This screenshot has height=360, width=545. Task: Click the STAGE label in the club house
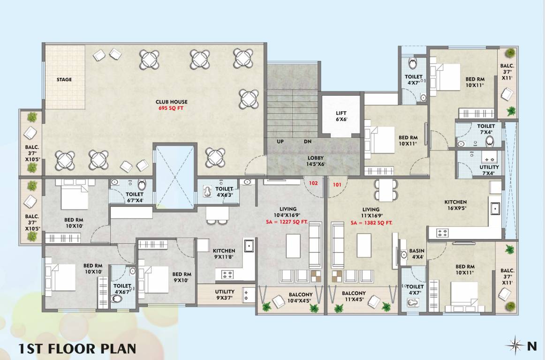[64, 80]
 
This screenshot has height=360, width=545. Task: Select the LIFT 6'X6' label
[341, 116]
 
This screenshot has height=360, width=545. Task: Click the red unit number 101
[337, 184]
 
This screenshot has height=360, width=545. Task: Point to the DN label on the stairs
[307, 141]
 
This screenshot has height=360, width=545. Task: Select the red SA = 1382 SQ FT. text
[371, 223]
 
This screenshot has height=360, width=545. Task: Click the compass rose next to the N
[515, 346]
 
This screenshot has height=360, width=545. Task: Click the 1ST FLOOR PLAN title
[77, 348]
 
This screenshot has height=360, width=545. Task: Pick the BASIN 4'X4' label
[416, 254]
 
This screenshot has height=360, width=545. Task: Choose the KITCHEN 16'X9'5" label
[455, 205]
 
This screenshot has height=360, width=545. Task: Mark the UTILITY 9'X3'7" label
[225, 294]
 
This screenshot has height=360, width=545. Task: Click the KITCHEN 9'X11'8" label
[224, 254]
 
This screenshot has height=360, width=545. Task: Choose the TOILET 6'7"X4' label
[135, 197]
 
